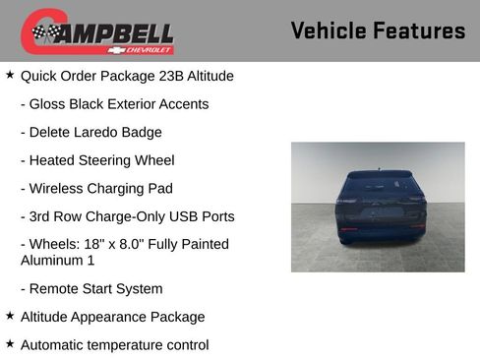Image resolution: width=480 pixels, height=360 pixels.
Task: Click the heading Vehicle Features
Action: point(378,30)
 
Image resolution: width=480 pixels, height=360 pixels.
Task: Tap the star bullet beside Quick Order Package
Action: point(10,74)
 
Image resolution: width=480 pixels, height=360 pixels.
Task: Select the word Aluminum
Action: point(51,260)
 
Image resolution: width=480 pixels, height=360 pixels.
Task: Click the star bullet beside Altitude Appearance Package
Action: point(10,316)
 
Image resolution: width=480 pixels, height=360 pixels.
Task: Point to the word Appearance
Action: point(108,317)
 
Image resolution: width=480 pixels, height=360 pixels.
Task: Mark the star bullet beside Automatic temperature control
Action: point(10,343)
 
